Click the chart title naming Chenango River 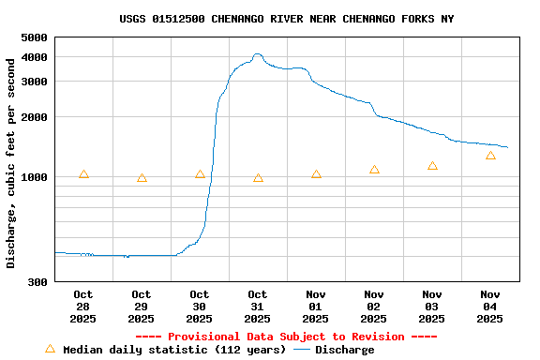[x=286, y=19]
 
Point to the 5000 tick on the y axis [x=34, y=37]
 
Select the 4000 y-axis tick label [x=34, y=57]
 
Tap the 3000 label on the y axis [x=34, y=82]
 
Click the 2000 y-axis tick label [x=34, y=117]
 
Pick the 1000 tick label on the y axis [x=34, y=177]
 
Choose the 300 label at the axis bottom [x=37, y=282]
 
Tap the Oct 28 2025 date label [x=83, y=307]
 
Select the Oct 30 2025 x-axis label [x=200, y=307]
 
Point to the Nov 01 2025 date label [x=316, y=307]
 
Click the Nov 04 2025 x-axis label [x=490, y=307]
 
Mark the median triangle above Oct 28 [x=83, y=174]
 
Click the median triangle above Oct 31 [x=258, y=177]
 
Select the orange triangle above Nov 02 [x=374, y=170]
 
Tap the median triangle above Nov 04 [x=490, y=156]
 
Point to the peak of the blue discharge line [x=258, y=55]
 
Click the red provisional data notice [x=286, y=337]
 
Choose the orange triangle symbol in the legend [x=51, y=349]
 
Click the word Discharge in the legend [x=344, y=350]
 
